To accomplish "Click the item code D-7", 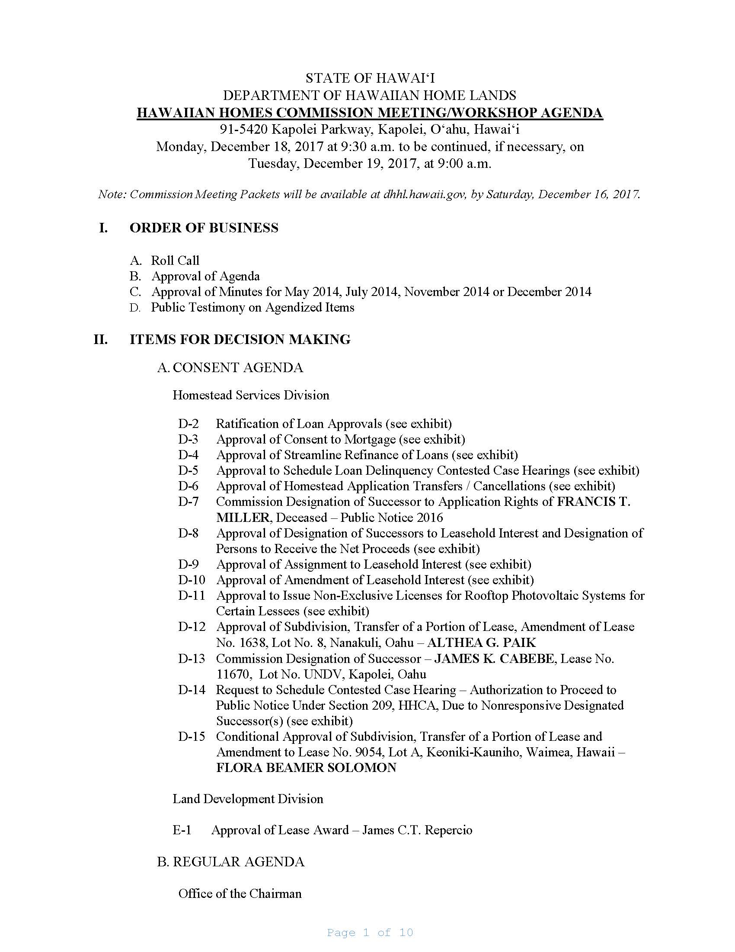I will [x=188, y=502].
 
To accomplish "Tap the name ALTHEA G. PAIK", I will [x=482, y=643].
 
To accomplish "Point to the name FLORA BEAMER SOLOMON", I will [x=306, y=768].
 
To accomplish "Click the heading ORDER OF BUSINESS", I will [x=204, y=228].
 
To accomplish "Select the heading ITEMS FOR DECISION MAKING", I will [x=240, y=339].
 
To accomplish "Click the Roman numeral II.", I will [x=101, y=339].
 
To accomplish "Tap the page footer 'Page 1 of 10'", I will [x=370, y=933].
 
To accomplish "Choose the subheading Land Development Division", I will [x=248, y=799].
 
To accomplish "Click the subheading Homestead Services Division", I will [x=251, y=396].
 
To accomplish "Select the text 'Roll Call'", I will [x=175, y=261].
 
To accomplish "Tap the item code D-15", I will [x=191, y=737].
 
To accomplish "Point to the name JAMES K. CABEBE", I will [x=494, y=659].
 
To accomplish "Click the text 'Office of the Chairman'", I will [x=240, y=894].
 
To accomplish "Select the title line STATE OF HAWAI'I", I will [x=370, y=78].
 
